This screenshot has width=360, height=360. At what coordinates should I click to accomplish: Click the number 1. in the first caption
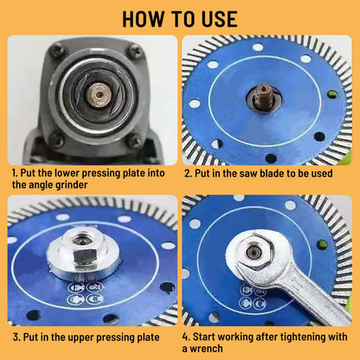pos(16,172)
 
